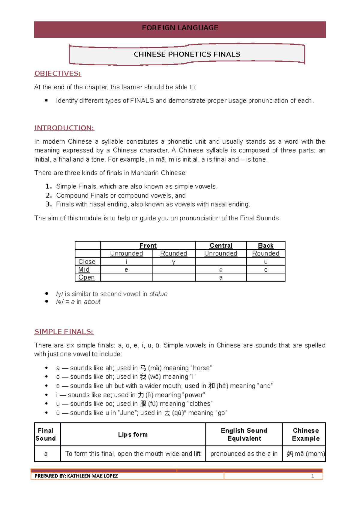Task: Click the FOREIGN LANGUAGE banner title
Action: coord(180,28)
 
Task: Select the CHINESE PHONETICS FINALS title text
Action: coord(187,54)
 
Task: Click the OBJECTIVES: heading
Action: coord(58,73)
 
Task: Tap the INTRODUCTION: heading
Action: coord(64,128)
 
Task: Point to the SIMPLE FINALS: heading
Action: coord(64,332)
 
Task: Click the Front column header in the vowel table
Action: coord(148,246)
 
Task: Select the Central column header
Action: coord(221,246)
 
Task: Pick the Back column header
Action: coord(266,246)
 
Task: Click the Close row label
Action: coord(87,261)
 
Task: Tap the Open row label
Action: coord(86,277)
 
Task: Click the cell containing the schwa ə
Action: coord(221,269)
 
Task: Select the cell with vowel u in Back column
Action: coord(266,262)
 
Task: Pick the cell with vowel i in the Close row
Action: coord(126,262)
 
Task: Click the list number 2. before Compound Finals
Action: coord(49,195)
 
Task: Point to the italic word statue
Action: coord(158,294)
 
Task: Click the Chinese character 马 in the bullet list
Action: coord(143,368)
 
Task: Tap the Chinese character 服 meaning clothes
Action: coord(143,403)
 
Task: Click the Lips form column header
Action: coord(133,434)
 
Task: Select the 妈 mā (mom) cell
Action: coord(305,454)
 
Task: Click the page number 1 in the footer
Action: coord(312,476)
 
